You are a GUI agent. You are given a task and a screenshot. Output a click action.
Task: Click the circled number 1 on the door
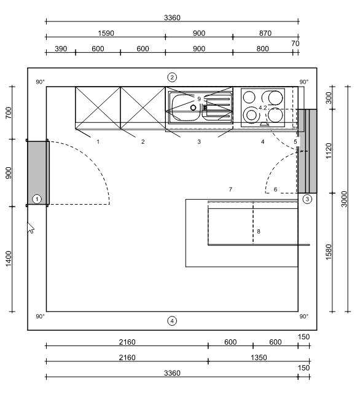click(x=37, y=199)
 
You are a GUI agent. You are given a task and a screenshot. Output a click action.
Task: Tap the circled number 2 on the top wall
click(x=172, y=77)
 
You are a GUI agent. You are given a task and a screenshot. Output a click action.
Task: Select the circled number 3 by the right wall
click(x=307, y=199)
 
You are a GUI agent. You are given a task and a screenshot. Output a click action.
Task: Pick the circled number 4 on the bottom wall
click(x=172, y=321)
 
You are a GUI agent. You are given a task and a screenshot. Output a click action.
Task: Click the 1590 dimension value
click(x=106, y=33)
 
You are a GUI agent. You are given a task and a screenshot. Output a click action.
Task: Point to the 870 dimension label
click(x=265, y=33)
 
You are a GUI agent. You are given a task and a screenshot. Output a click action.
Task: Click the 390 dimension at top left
click(x=61, y=49)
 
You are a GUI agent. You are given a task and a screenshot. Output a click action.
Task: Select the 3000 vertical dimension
click(x=345, y=199)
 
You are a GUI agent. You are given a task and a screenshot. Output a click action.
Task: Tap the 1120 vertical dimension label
click(x=329, y=151)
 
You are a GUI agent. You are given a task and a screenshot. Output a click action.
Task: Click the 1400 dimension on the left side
click(x=9, y=259)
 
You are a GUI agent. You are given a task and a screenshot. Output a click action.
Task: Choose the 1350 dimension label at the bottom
click(x=259, y=357)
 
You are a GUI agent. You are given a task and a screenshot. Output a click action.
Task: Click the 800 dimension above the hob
click(x=262, y=49)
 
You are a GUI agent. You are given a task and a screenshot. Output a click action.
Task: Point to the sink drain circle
click(x=193, y=108)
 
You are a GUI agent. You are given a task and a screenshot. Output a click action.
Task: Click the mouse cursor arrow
click(x=30, y=227)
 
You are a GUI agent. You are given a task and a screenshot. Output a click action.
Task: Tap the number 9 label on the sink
click(x=199, y=99)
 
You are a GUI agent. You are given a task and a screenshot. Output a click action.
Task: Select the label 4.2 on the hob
click(x=262, y=108)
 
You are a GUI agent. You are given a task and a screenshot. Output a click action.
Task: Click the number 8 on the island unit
click(x=259, y=232)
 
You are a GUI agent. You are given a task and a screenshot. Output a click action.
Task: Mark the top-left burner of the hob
click(x=249, y=98)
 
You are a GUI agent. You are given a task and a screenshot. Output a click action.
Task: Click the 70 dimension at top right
click(x=295, y=44)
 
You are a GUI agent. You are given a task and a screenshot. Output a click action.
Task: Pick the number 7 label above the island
click(x=230, y=189)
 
